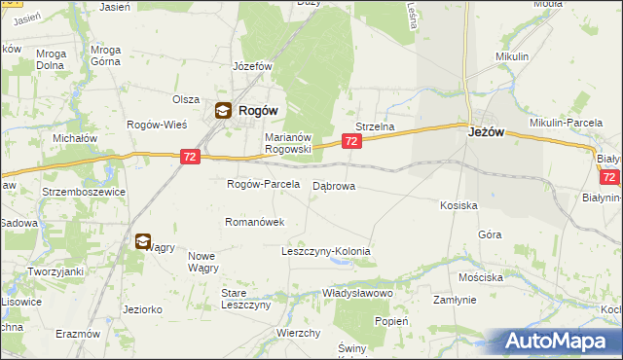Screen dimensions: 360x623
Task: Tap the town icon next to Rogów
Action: click(223, 111)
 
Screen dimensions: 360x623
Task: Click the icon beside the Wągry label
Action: click(143, 241)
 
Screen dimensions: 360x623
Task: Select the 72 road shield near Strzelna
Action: click(351, 142)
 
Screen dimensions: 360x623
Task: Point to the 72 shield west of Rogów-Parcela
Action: click(191, 156)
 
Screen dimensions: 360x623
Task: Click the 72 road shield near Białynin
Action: click(609, 177)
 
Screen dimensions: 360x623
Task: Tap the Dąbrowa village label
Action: click(334, 185)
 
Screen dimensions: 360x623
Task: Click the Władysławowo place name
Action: click(357, 292)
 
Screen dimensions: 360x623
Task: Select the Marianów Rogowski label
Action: click(287, 143)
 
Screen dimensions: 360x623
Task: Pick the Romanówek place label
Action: click(254, 222)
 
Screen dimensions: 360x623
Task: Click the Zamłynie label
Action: click(455, 301)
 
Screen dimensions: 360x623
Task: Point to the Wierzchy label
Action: click(299, 333)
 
